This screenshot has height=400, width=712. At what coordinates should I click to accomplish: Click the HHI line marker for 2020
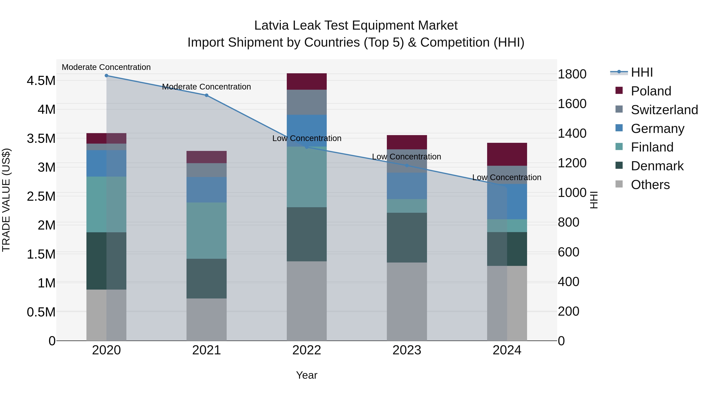106,76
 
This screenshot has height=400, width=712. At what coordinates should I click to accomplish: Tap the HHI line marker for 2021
206,95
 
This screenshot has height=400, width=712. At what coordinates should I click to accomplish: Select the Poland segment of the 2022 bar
307,81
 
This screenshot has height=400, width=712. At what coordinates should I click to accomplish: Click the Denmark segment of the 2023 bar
407,237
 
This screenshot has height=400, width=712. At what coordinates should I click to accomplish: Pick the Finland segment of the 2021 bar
206,231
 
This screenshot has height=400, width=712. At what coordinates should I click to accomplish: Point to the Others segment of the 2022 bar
307,301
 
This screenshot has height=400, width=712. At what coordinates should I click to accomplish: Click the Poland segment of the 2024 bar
507,154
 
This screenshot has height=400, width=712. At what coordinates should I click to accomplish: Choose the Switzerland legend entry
664,110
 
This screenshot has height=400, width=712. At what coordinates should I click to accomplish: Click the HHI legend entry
642,72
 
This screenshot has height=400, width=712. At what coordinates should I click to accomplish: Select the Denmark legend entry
657,166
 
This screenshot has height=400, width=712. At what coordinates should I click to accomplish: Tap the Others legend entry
650,185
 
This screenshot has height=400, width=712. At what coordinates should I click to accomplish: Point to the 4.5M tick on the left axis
41,81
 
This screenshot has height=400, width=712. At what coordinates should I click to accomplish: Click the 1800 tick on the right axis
572,74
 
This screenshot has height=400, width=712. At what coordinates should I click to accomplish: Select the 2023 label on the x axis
407,350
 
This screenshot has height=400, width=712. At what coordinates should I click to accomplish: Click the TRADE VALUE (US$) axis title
6,200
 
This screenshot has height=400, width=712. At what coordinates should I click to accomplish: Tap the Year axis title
307,375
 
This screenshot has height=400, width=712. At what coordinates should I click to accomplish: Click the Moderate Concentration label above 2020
106,67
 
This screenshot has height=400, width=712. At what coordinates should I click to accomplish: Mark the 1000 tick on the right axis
572,192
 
